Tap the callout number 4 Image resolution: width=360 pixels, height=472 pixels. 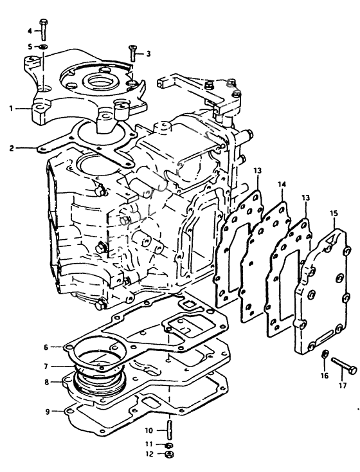point(30,30)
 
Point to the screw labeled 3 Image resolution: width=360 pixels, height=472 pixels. point(132,53)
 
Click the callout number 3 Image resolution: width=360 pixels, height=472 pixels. point(148,53)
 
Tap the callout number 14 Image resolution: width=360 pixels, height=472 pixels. point(282,185)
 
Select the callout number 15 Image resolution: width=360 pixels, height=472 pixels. point(333,212)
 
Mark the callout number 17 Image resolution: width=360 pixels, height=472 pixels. point(342,386)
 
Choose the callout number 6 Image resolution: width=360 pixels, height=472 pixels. point(46,347)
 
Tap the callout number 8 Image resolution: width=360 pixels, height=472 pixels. point(46,381)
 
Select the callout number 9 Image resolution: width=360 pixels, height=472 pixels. point(46,410)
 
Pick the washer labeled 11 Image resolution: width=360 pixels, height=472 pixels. point(168,445)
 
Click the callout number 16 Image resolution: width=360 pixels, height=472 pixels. point(324,375)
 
